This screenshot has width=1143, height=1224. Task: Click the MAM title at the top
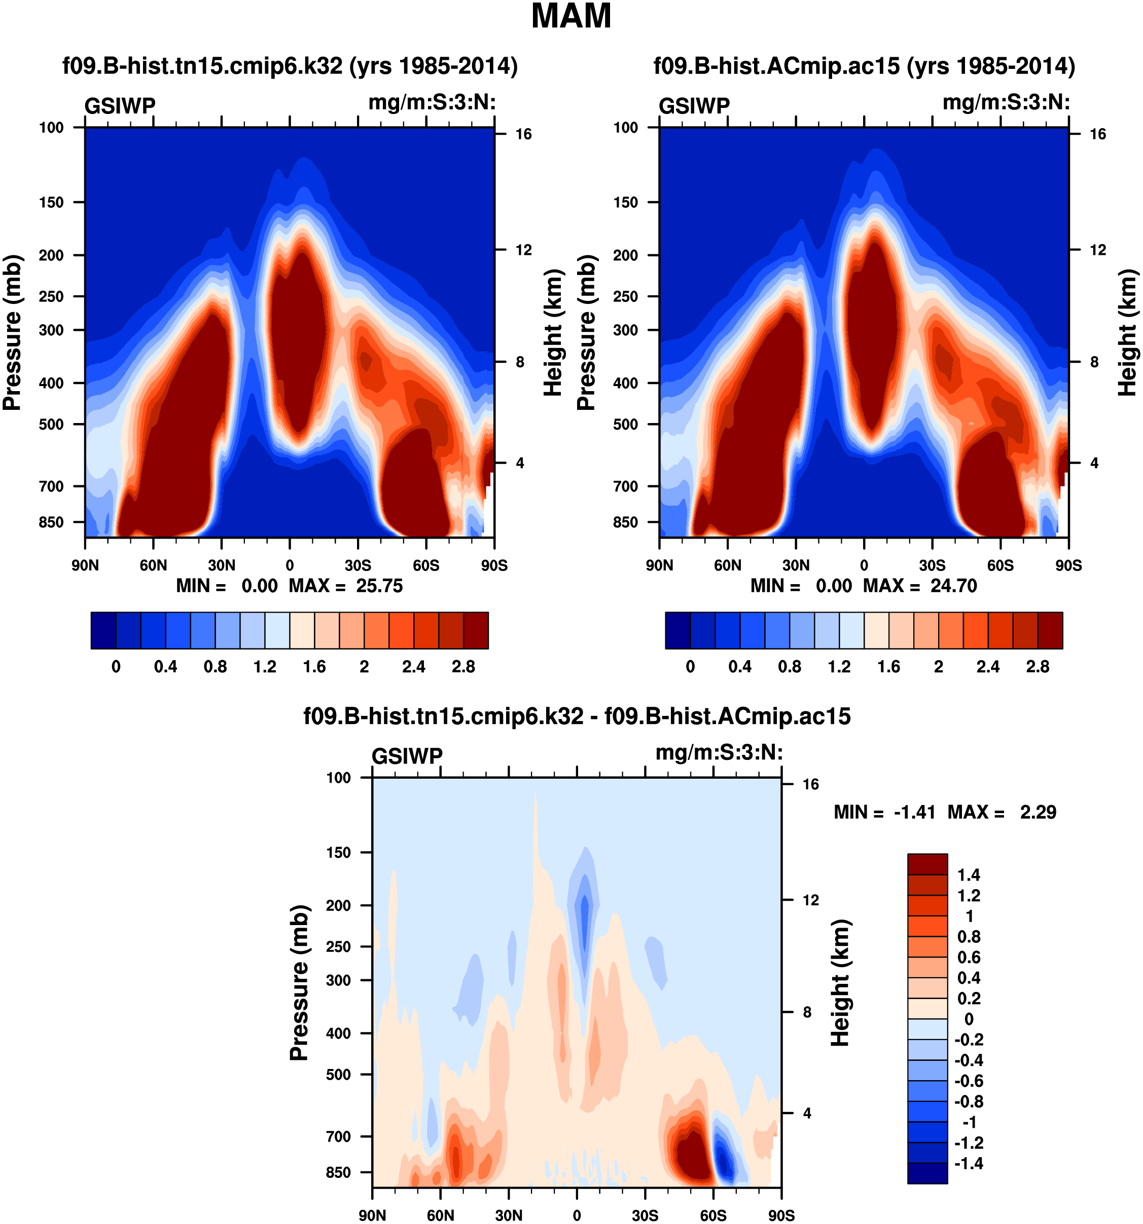[570, 17]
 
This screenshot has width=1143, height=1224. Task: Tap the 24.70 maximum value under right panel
[953, 586]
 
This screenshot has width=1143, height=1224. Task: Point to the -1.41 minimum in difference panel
[914, 813]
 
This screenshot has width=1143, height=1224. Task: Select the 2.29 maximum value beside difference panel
[1038, 813]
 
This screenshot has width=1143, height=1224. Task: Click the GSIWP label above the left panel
[120, 106]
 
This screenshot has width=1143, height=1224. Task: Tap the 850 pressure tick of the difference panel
[338, 1172]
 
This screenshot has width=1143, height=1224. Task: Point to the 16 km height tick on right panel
[1097, 134]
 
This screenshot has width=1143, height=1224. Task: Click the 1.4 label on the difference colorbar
[969, 875]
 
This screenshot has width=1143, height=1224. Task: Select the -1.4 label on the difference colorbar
[969, 1163]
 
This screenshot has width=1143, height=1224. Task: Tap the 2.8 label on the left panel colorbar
[463, 667]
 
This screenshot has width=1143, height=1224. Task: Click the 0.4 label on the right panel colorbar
[739, 667]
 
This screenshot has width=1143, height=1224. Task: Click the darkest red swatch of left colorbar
[476, 630]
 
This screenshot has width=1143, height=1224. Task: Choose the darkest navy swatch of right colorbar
[678, 630]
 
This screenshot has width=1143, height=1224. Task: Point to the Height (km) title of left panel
[554, 332]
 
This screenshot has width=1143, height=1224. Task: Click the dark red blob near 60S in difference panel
[690, 1158]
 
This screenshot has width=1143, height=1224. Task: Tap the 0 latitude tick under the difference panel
[577, 1215]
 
